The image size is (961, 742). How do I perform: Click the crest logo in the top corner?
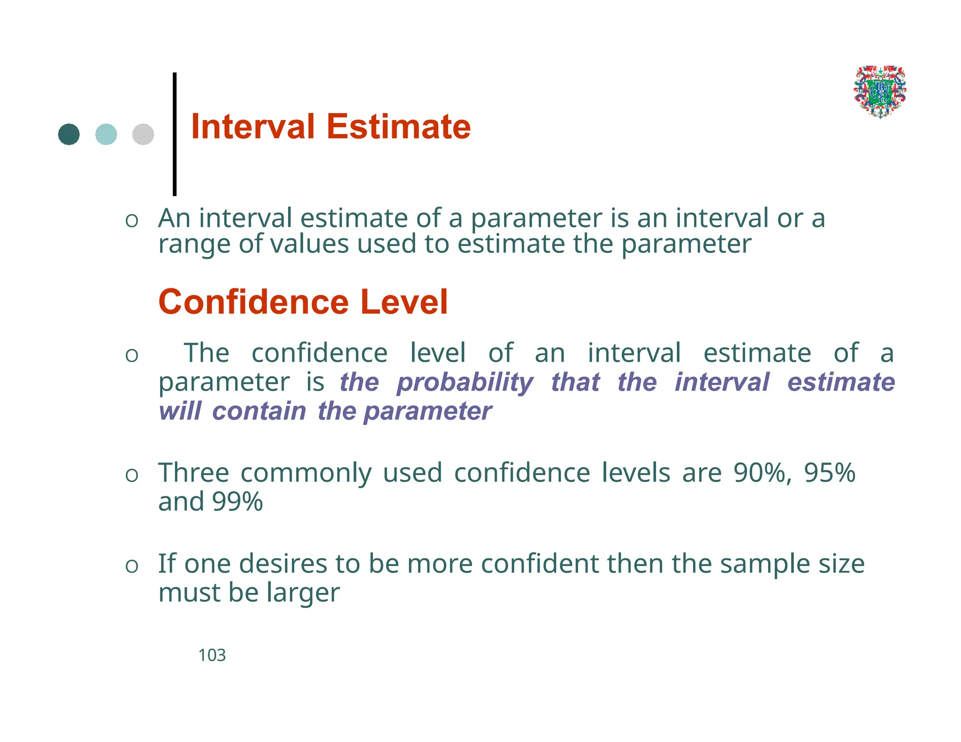tap(880, 91)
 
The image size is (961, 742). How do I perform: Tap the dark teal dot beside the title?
tap(69, 135)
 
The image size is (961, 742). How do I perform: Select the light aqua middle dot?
tap(106, 135)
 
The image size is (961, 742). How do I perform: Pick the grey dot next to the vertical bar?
tap(143, 135)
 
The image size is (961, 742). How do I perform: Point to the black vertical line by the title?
tap(175, 134)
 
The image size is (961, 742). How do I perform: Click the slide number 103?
tap(212, 655)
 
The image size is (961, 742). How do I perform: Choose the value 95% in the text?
tap(830, 473)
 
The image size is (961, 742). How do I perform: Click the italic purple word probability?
tap(465, 383)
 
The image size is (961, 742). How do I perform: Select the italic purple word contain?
tap(259, 411)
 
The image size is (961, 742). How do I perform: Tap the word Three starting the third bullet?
tap(193, 473)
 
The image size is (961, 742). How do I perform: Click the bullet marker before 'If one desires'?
tap(132, 566)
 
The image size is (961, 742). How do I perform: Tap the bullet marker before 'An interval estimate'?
tap(132, 220)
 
